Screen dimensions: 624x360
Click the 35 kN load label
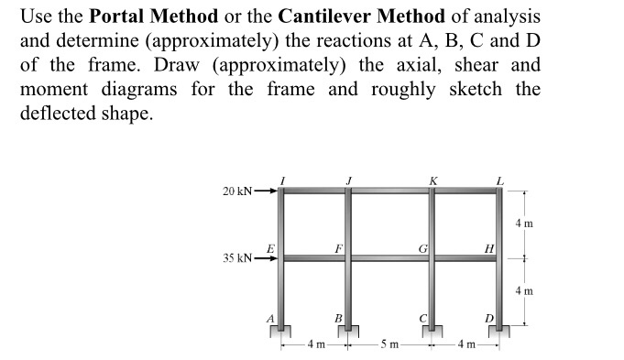(x=237, y=257)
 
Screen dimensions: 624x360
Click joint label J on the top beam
(x=350, y=179)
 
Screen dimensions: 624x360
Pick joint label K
(x=432, y=179)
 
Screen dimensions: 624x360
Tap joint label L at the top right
(x=499, y=179)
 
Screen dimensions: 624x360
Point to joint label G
(x=421, y=247)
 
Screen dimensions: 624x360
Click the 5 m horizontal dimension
(x=389, y=346)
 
